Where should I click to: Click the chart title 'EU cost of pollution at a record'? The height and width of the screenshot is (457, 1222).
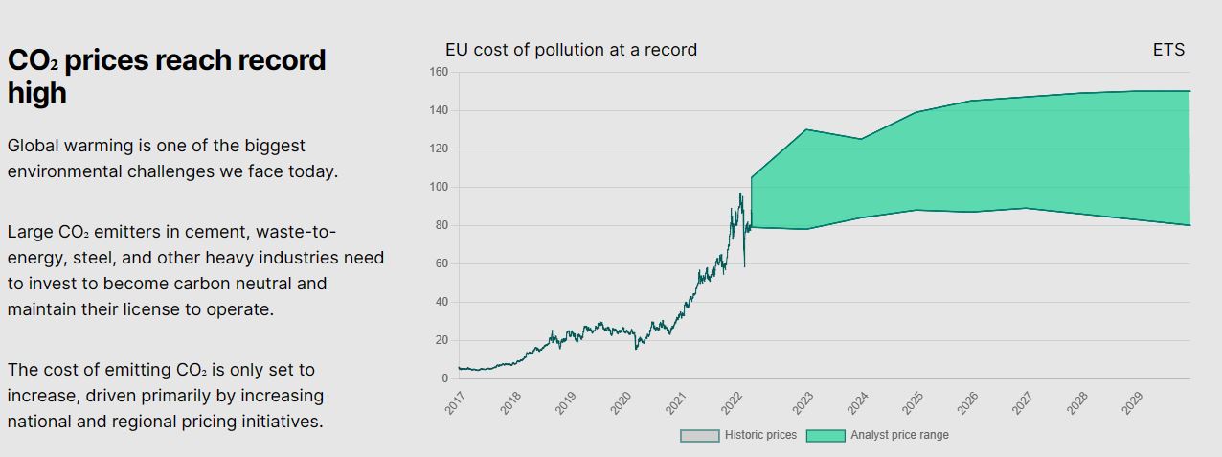pos(571,50)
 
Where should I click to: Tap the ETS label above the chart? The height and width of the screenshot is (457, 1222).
pos(1168,50)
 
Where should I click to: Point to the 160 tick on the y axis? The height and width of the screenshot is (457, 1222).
pos(440,72)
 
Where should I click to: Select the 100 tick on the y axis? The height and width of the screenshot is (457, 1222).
pos(440,187)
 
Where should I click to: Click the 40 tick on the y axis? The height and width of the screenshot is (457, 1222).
pos(442,302)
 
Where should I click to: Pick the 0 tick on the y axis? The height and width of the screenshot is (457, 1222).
pos(445,378)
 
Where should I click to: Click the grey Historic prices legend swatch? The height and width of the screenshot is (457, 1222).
pos(699,436)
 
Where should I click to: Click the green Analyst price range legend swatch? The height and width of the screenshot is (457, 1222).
pos(825,436)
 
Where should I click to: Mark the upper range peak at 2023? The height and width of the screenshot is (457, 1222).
pos(806,129)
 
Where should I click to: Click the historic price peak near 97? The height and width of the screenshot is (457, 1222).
pos(740,194)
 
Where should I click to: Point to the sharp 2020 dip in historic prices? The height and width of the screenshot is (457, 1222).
pos(636,348)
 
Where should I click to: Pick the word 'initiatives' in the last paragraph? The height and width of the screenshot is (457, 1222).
pos(277,421)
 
